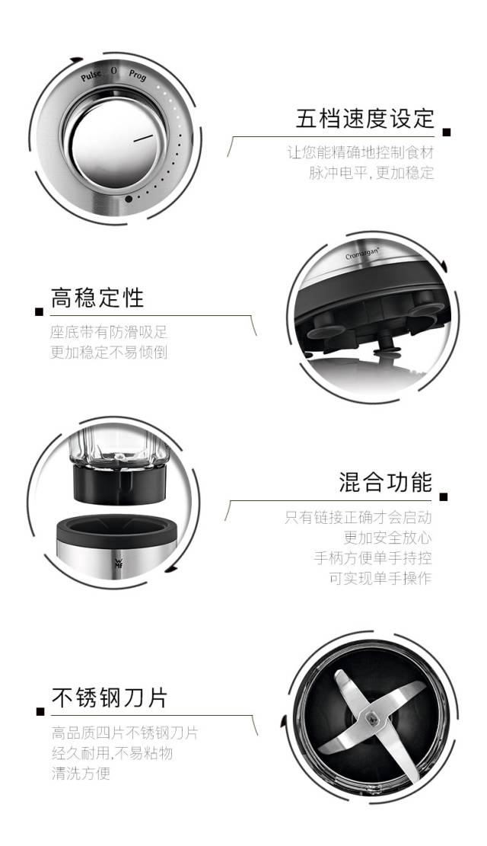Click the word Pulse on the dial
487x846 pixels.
[91, 75]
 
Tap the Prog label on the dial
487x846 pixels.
[137, 75]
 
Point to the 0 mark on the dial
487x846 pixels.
[114, 71]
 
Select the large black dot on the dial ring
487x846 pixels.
[129, 199]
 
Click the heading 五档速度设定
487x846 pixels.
[365, 119]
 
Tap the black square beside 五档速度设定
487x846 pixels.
[446, 132]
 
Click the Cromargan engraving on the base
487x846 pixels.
[362, 254]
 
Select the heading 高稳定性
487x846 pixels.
[97, 297]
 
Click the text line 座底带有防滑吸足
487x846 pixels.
[109, 332]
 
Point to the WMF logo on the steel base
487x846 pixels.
[118, 563]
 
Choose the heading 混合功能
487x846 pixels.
[386, 482]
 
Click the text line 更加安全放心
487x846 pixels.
[388, 538]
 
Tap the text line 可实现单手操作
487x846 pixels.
[380, 579]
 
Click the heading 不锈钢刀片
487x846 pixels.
[110, 697]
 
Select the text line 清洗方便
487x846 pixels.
[81, 773]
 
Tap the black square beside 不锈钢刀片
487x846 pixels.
[40, 712]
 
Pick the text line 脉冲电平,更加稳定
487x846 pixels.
[371, 173]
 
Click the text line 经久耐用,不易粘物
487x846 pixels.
[112, 752]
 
